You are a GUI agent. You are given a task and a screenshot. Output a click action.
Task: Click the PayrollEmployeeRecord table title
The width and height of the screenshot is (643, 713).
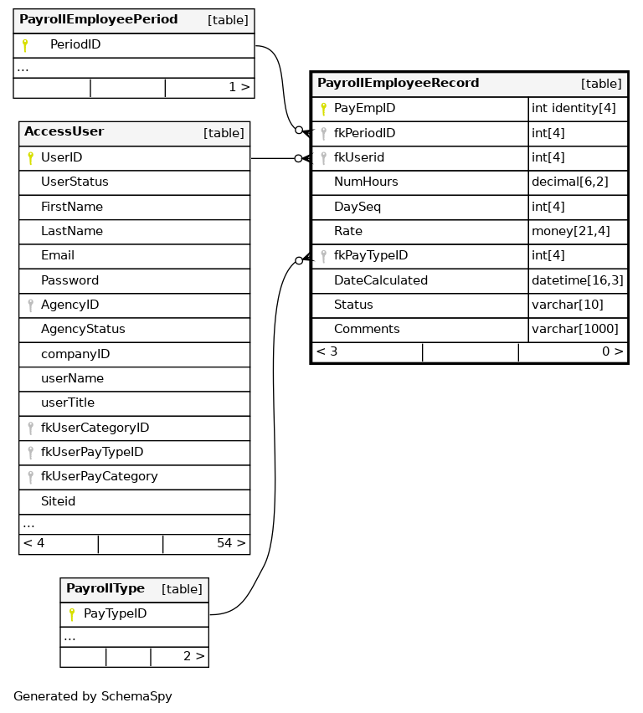coord(398,84)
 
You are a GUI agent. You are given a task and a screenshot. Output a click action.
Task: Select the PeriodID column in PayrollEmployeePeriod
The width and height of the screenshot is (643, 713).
coord(75,45)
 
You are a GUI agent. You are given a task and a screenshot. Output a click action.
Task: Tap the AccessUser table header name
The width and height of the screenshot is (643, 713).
coord(64,132)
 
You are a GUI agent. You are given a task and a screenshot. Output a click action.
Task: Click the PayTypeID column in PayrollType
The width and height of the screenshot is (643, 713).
coord(115,614)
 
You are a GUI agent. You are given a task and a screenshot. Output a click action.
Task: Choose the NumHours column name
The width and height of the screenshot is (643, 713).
coord(366,182)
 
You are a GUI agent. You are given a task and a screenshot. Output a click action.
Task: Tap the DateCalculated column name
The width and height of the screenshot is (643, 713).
coord(381,281)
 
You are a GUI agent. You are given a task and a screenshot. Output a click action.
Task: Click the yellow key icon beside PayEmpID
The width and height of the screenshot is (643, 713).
coord(323,109)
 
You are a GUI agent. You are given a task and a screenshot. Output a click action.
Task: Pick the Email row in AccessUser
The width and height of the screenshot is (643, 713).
coord(58,256)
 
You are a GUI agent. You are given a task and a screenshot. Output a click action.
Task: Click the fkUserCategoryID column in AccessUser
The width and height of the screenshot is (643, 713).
coord(95,428)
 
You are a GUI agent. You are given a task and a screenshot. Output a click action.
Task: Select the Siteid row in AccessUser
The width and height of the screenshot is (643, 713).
coord(59,502)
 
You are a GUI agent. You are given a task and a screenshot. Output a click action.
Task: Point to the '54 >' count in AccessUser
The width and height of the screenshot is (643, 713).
coord(231,544)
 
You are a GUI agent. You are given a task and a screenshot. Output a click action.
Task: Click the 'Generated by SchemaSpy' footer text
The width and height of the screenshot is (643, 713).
coord(93,696)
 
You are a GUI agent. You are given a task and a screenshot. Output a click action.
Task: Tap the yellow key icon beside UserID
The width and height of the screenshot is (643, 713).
coord(30,158)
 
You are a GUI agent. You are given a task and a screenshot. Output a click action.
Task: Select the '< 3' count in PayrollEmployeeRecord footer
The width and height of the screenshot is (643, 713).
coord(327,352)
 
